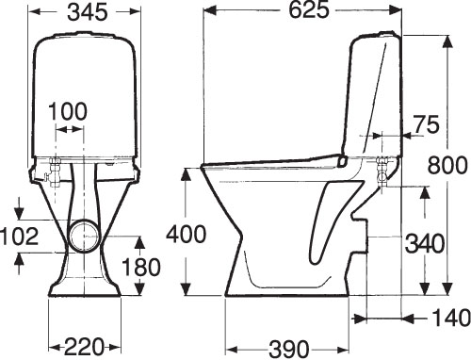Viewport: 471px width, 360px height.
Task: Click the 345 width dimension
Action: point(88,12)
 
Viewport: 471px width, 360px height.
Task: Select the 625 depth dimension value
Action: point(309,10)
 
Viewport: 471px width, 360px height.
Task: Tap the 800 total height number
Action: point(447,165)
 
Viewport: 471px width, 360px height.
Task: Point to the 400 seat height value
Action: point(187,235)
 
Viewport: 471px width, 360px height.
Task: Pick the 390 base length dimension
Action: point(288,348)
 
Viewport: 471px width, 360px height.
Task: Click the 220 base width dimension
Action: point(84,347)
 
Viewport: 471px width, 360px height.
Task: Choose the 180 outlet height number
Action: point(141,267)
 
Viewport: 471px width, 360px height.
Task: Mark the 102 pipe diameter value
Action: point(20,237)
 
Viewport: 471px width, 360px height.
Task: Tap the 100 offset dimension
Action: point(68,111)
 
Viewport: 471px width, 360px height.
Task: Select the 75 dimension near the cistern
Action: point(426,124)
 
